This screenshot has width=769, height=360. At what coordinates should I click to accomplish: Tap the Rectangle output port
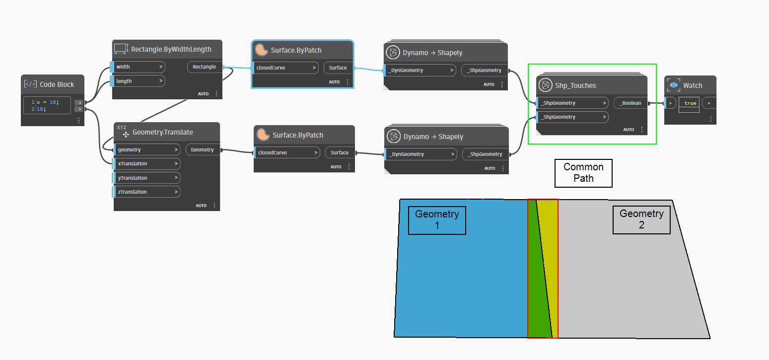click(204, 67)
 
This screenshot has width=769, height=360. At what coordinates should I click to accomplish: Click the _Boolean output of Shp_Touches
click(630, 103)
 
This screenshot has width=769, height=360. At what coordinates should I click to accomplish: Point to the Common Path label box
click(583, 173)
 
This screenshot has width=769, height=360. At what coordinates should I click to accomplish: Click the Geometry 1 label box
click(437, 220)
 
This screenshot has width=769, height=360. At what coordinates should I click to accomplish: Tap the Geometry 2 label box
click(641, 219)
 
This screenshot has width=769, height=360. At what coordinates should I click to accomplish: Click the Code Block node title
click(57, 84)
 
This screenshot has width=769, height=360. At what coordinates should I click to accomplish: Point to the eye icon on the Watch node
click(674, 85)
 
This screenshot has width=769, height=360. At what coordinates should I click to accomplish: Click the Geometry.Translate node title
click(162, 133)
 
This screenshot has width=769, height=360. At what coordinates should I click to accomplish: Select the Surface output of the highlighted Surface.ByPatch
click(338, 68)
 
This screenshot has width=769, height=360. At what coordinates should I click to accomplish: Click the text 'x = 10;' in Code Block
click(47, 102)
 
